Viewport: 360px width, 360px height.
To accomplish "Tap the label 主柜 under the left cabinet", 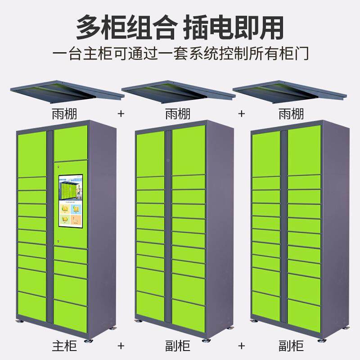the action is tap(64, 346).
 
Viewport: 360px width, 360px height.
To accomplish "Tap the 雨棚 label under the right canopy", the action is tap(291, 114).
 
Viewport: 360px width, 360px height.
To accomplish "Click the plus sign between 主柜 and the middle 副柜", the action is tap(121, 346).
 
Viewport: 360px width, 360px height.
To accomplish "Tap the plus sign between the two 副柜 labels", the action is tap(242, 346).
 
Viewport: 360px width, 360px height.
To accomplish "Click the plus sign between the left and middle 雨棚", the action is tap(121, 114).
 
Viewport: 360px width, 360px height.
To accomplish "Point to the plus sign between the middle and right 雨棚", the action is tap(242, 114).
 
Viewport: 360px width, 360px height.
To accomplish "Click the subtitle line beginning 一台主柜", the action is tap(180, 54).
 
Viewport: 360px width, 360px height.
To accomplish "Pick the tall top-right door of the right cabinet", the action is tap(304, 149).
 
